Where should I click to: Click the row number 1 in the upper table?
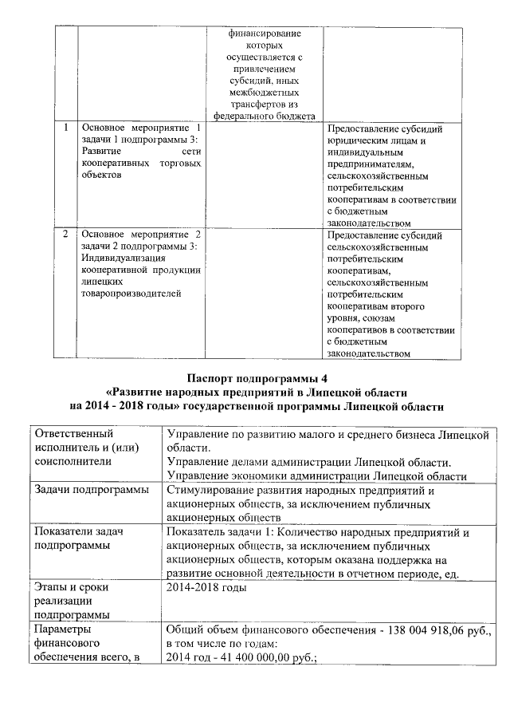tap(65, 128)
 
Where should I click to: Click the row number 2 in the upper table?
tap(65, 236)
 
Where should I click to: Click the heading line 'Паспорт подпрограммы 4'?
tap(257, 378)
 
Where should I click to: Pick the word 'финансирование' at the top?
tap(265, 34)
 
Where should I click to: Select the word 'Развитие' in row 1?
tap(101, 151)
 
